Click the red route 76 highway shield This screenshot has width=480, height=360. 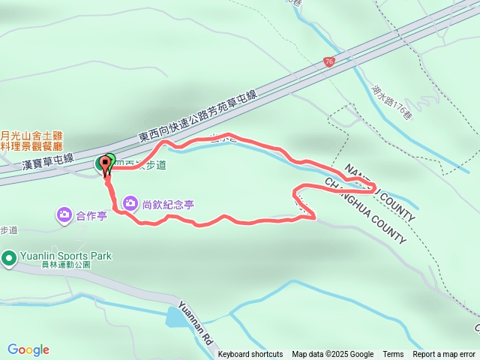point(329,62)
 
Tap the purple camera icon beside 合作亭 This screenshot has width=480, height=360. point(64,216)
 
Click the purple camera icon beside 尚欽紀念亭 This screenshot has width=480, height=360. point(130,203)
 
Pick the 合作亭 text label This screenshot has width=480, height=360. point(92,216)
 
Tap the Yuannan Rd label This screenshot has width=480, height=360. point(194,324)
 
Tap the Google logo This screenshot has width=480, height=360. point(28,349)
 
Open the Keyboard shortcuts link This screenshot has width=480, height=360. point(250,355)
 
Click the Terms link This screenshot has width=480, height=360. point(393,355)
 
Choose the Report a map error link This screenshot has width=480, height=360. point(444,355)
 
